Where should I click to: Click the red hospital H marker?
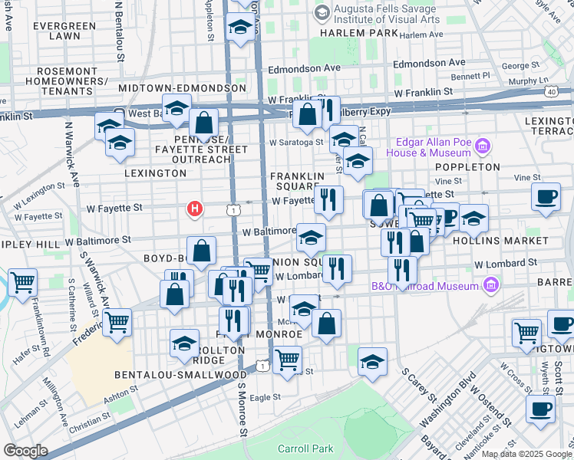pos(196,208)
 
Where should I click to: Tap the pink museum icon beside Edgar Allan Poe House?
pos(483,146)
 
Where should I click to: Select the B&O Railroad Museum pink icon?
pos(490,287)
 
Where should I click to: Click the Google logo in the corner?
pos(25,451)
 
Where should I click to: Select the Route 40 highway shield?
pos(551,91)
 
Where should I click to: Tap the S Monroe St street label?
pos(241,421)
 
